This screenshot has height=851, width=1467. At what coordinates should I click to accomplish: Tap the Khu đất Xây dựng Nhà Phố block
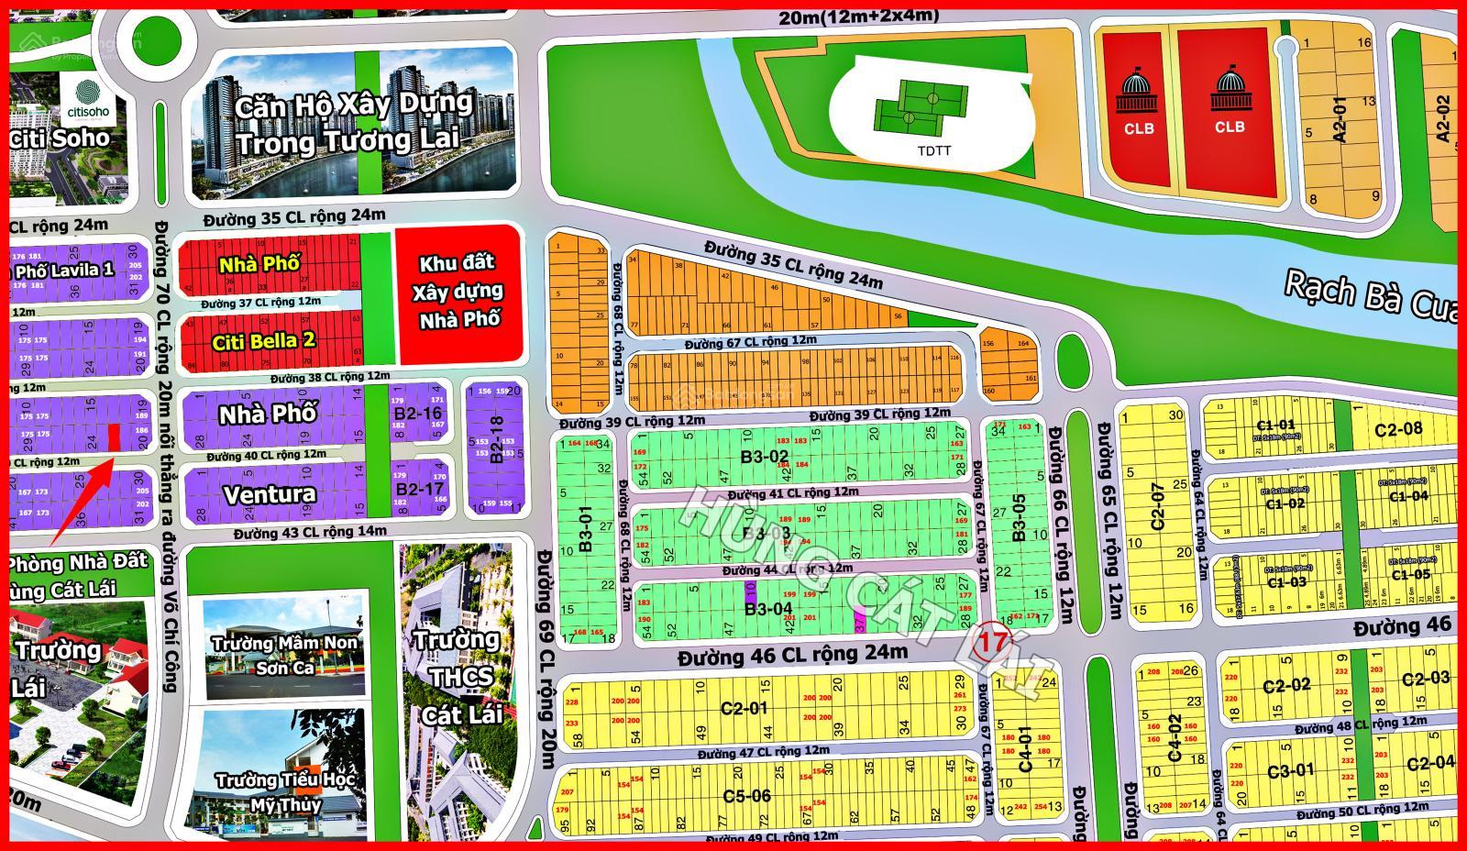click(x=458, y=292)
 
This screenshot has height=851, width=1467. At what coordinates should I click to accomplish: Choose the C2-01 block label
click(x=744, y=708)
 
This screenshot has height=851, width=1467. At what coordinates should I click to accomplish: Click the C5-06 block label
click(x=747, y=796)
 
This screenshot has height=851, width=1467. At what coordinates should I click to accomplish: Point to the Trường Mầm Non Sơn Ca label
click(x=284, y=655)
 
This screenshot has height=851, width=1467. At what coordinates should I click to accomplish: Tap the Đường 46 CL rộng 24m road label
click(x=792, y=655)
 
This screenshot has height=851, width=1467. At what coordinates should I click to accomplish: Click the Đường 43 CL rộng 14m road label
click(x=309, y=533)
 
